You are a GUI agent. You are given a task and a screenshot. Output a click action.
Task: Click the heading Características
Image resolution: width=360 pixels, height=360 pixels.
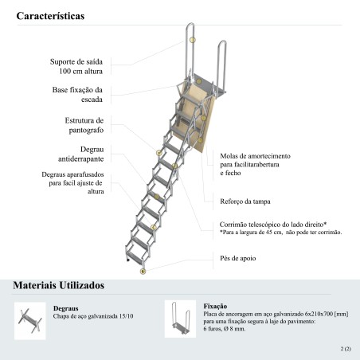[x=50, y=16]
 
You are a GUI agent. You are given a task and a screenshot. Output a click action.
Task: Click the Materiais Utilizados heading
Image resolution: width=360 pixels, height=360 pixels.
[x=59, y=285]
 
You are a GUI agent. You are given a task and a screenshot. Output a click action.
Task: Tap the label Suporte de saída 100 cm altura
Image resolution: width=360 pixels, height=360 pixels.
[x=76, y=66]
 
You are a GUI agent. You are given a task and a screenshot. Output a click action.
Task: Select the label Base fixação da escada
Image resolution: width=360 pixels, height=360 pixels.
[x=77, y=95]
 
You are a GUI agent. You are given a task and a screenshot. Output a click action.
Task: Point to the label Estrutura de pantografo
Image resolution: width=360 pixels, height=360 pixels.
[x=84, y=125]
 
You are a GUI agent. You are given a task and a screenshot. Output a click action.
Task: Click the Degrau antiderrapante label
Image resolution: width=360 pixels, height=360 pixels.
[x=81, y=154]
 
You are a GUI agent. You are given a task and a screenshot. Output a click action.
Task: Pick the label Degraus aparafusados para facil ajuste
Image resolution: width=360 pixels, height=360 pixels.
[x=72, y=183]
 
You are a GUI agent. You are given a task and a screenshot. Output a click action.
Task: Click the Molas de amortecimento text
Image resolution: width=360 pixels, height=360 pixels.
[x=255, y=164]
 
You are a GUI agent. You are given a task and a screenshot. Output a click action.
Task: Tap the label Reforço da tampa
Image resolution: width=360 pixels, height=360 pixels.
[x=245, y=202]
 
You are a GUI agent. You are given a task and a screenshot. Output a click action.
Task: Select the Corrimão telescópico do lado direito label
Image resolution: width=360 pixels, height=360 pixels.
[x=273, y=225]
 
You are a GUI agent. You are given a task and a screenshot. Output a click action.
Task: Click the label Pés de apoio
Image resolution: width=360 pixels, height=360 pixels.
[x=238, y=258]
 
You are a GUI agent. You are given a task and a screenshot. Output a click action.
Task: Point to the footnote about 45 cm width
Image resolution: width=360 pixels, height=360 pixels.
[x=280, y=233]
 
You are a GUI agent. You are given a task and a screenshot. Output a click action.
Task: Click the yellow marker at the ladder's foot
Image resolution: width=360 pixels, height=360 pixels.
[x=143, y=272]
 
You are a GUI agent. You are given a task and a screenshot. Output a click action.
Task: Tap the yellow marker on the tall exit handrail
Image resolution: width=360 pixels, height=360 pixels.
[x=193, y=40]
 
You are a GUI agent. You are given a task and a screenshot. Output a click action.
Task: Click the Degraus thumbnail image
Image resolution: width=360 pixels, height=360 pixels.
[x=30, y=321]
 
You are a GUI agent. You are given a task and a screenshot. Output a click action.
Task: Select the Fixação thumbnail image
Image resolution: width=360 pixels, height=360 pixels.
[x=180, y=319]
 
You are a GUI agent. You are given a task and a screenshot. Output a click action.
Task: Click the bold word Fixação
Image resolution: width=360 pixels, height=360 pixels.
[x=215, y=306]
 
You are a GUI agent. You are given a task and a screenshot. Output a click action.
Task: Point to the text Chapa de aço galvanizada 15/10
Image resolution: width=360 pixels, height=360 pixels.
[x=93, y=316]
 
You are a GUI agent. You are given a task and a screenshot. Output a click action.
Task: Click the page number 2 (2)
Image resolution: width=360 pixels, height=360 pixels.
[x=346, y=349]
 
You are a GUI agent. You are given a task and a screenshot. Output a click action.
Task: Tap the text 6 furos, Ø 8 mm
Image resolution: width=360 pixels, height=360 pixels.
[x=225, y=329]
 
